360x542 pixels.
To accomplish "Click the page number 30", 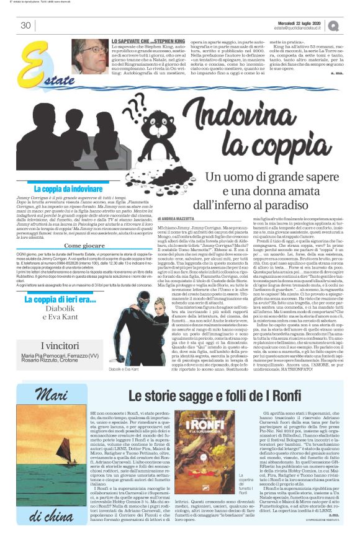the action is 25,25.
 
